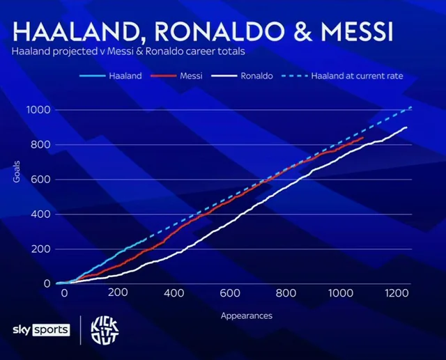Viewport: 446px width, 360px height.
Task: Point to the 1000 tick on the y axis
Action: (x=39, y=110)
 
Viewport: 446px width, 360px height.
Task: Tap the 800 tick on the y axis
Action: (x=42, y=145)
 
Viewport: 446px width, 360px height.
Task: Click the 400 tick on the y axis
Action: (x=42, y=214)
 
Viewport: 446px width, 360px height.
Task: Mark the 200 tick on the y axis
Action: (x=42, y=249)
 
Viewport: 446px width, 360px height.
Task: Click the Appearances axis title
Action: (x=246, y=315)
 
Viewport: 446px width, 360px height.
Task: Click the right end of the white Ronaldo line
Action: (x=406, y=127)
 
